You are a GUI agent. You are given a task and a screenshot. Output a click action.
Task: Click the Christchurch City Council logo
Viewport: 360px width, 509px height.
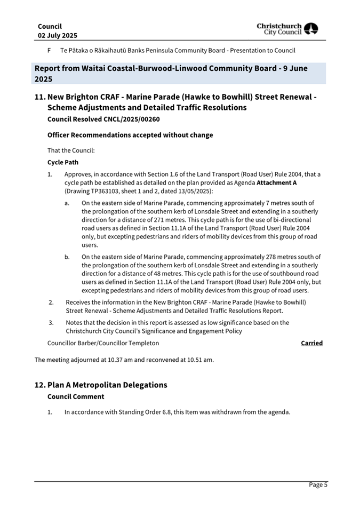(x=287, y=29)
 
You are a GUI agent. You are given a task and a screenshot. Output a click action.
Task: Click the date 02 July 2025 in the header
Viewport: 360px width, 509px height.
(x=58, y=35)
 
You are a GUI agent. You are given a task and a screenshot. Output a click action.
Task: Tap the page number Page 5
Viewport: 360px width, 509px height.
(x=318, y=485)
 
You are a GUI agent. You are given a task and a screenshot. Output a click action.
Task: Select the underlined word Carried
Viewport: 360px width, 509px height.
(x=311, y=343)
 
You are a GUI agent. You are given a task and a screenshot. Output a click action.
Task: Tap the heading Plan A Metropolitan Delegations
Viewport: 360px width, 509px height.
(x=107, y=385)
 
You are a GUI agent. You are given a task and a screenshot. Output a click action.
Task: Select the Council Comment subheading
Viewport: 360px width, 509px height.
(x=76, y=396)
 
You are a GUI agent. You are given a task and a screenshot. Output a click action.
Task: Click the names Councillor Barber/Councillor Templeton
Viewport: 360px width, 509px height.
(x=103, y=343)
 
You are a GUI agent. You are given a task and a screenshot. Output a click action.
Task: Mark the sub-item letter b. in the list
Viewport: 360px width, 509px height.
(x=67, y=257)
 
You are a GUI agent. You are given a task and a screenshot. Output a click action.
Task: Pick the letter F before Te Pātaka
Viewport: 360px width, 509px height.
(x=49, y=51)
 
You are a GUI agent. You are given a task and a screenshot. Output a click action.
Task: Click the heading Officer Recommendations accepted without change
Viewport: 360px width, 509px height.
(x=130, y=135)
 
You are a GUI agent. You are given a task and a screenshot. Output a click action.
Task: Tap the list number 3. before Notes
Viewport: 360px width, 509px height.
(x=51, y=322)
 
